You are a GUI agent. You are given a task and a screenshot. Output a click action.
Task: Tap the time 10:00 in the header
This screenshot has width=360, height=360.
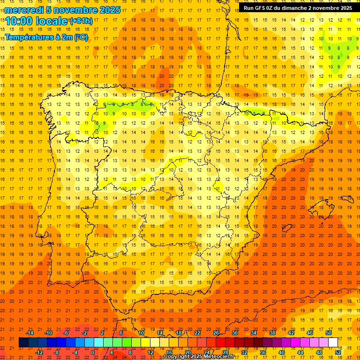[19, 21]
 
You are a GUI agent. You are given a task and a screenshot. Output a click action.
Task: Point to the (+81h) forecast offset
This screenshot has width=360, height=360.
[81, 21]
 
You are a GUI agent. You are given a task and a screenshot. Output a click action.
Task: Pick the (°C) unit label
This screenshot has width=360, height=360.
[80, 37]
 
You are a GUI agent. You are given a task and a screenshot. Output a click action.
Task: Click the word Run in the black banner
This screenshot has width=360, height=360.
[249, 8]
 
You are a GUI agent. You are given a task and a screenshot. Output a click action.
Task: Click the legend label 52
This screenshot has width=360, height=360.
[338, 352]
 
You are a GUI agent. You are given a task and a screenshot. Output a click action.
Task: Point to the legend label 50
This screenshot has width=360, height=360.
[329, 333]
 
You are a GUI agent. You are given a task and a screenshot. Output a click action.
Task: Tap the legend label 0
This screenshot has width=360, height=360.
[93, 352]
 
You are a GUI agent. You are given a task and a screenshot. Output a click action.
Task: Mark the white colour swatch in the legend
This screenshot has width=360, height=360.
[333, 343]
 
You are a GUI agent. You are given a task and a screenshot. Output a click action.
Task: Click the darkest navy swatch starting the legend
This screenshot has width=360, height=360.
[24, 343]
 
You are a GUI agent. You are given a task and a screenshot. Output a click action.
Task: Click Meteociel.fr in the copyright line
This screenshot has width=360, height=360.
[218, 357]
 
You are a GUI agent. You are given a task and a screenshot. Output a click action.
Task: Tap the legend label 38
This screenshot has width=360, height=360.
[272, 333]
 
